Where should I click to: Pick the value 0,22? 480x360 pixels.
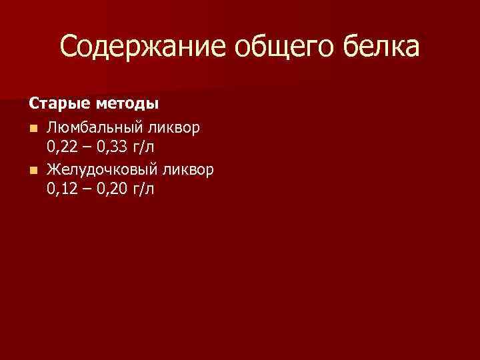(61, 147)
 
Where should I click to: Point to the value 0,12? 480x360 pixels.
(61, 189)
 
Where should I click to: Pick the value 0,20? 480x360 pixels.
(109, 189)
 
